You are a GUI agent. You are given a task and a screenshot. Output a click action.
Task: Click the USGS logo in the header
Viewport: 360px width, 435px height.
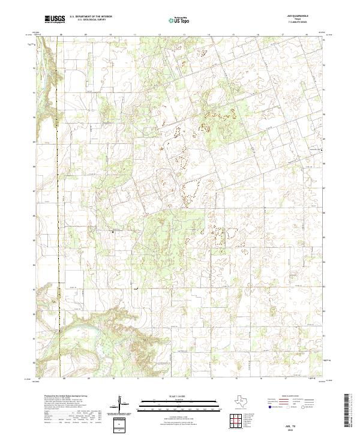click(55, 20)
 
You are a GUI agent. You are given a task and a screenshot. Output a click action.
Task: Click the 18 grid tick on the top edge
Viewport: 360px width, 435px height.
click(308, 35)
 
